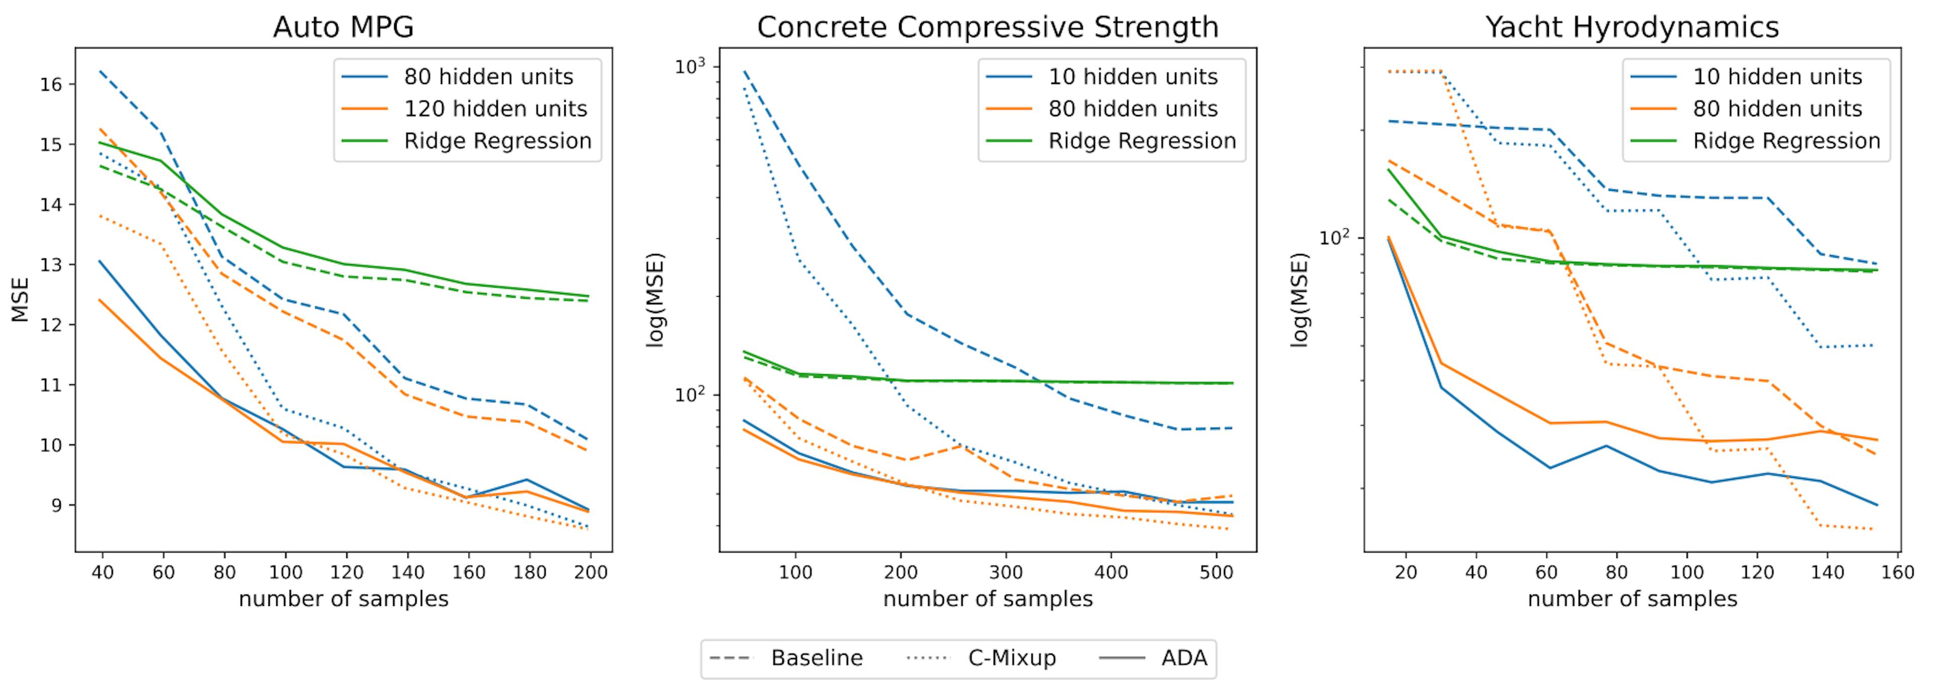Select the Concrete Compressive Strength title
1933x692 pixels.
pyautogui.click(x=988, y=28)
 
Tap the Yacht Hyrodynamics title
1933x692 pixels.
pyautogui.click(x=1632, y=28)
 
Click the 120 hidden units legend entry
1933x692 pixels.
pyautogui.click(x=495, y=109)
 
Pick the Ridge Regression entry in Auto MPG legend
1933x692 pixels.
pyautogui.click(x=497, y=141)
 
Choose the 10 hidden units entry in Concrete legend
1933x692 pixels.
pyautogui.click(x=1132, y=77)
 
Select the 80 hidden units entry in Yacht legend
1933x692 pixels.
pyautogui.click(x=1777, y=109)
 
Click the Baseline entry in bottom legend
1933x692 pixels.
pyautogui.click(x=816, y=658)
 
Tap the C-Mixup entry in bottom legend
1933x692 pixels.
pyautogui.click(x=1011, y=658)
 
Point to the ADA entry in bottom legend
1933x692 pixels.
pyautogui.click(x=1184, y=658)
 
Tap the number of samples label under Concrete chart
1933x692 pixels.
pyautogui.click(x=988, y=599)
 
